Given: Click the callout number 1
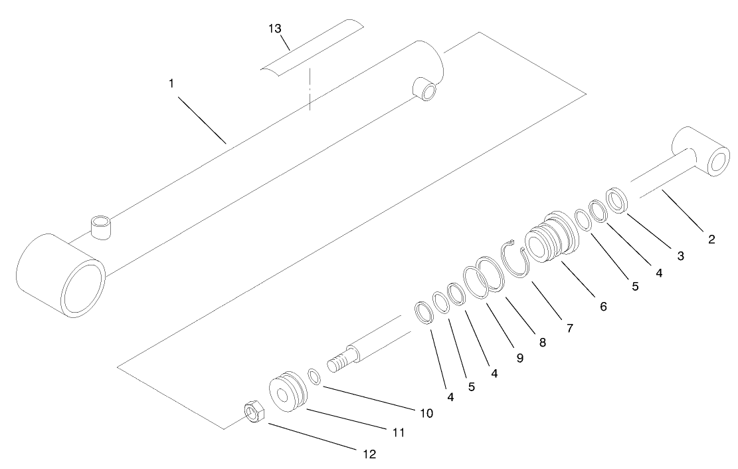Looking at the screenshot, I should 171,85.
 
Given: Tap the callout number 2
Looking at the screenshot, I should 711,239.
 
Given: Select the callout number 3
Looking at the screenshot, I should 680,255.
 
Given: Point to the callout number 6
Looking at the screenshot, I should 603,307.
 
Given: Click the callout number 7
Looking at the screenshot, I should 570,327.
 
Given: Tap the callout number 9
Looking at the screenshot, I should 520,358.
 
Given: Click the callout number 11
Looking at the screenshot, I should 399,432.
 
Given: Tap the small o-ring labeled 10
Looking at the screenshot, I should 316,377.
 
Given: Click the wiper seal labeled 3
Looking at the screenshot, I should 618,200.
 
